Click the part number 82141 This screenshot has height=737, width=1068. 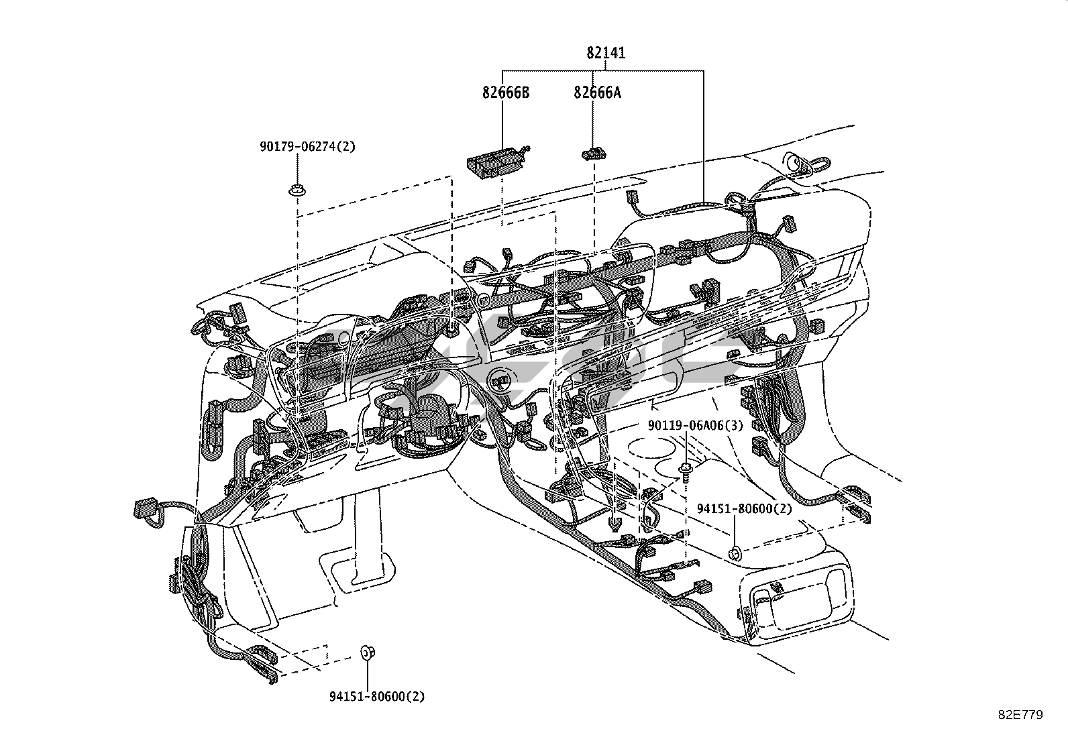[606, 52]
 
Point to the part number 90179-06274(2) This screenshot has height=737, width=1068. [307, 146]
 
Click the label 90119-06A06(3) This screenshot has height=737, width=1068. [696, 425]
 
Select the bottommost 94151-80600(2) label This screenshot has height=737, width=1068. [376, 697]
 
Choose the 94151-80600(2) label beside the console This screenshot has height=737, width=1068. [744, 508]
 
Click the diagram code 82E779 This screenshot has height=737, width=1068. [1020, 715]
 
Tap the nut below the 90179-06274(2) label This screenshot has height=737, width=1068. [297, 190]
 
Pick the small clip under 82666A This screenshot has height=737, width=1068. [594, 154]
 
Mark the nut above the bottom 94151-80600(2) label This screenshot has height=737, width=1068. [367, 652]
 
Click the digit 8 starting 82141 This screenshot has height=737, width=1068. [590, 52]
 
